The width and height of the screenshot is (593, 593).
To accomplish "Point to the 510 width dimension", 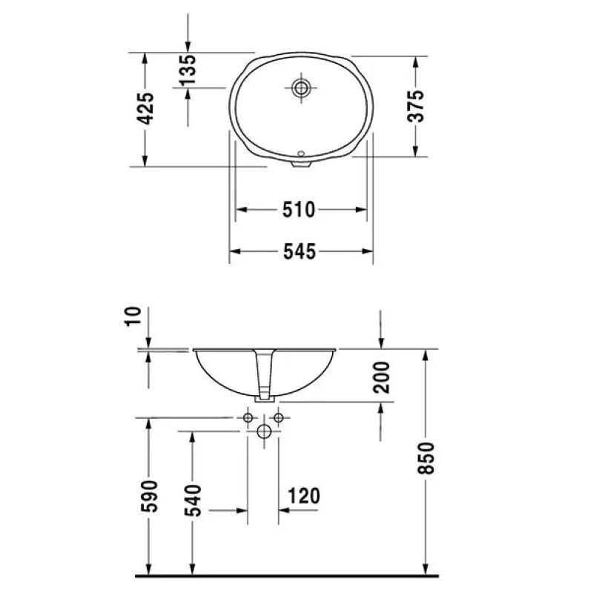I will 300,211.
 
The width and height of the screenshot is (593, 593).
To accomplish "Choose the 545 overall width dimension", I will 300,253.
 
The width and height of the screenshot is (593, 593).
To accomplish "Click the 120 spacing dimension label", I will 305,496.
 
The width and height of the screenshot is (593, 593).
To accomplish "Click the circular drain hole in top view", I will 301,88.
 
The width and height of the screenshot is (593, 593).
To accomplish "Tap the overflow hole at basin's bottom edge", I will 301,155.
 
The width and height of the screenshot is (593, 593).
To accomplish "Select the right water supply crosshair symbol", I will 279,418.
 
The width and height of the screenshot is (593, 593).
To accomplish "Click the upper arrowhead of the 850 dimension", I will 425,354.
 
